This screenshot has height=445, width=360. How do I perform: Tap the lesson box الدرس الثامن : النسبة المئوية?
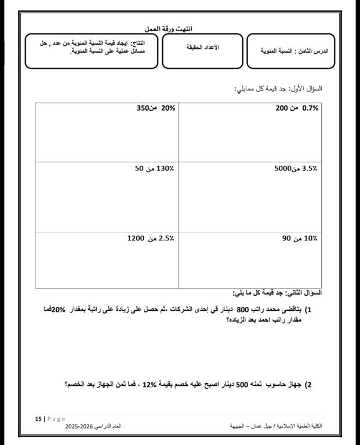coord(294,51)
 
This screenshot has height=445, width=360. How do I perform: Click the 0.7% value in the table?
coord(311,108)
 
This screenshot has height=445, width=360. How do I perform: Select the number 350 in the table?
coord(143,108)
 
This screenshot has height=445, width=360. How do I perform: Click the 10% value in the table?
coord(311,238)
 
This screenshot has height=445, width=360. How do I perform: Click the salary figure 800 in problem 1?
coord(242,309)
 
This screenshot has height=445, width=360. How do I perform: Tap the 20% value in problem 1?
coord(58,309)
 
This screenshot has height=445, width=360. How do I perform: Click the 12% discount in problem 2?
coord(150,384)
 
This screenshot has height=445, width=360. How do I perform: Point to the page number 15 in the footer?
coord(38,418)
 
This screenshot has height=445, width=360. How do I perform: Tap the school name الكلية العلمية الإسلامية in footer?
coord(297,426)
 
